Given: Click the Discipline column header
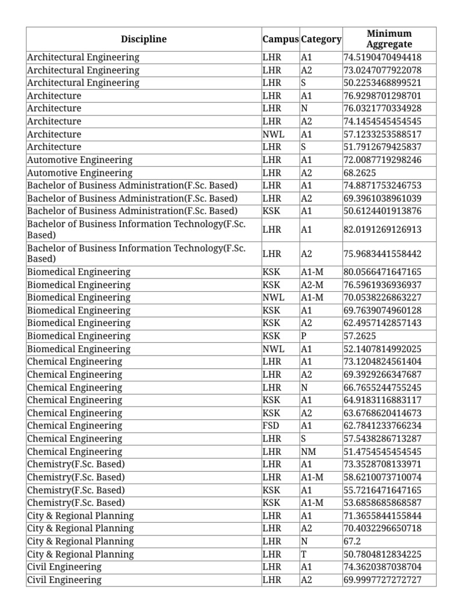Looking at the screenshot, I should click(x=143, y=40).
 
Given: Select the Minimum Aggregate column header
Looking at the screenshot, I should click(x=389, y=39).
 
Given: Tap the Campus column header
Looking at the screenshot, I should click(x=280, y=40).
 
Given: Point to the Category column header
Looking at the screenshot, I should click(x=321, y=40).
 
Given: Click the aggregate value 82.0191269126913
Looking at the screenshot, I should click(x=382, y=229).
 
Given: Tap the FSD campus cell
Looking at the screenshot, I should click(x=271, y=426).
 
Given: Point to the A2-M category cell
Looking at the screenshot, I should click(x=312, y=285).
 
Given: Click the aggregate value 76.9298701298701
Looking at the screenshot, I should click(x=382, y=96).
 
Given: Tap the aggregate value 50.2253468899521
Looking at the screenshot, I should click(x=382, y=82).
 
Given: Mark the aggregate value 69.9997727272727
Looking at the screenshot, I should click(x=382, y=580).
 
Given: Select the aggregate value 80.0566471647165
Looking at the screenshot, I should click(x=382, y=272).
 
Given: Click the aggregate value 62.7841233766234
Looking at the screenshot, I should click(x=382, y=426).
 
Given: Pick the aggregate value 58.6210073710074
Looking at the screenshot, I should click(x=382, y=477).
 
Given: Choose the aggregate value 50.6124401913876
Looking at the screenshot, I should click(x=382, y=211).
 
